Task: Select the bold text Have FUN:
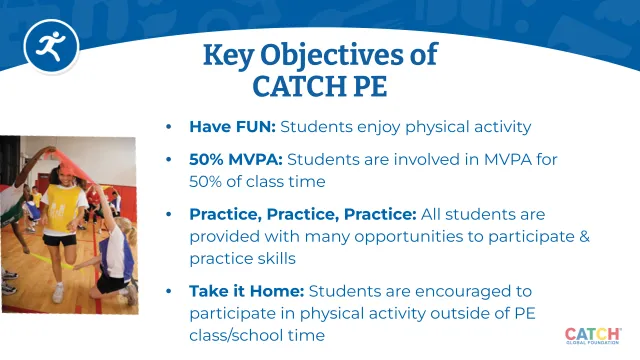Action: pos(232,127)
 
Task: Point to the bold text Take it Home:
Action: pos(246,290)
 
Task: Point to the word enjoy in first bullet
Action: pos(371,127)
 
